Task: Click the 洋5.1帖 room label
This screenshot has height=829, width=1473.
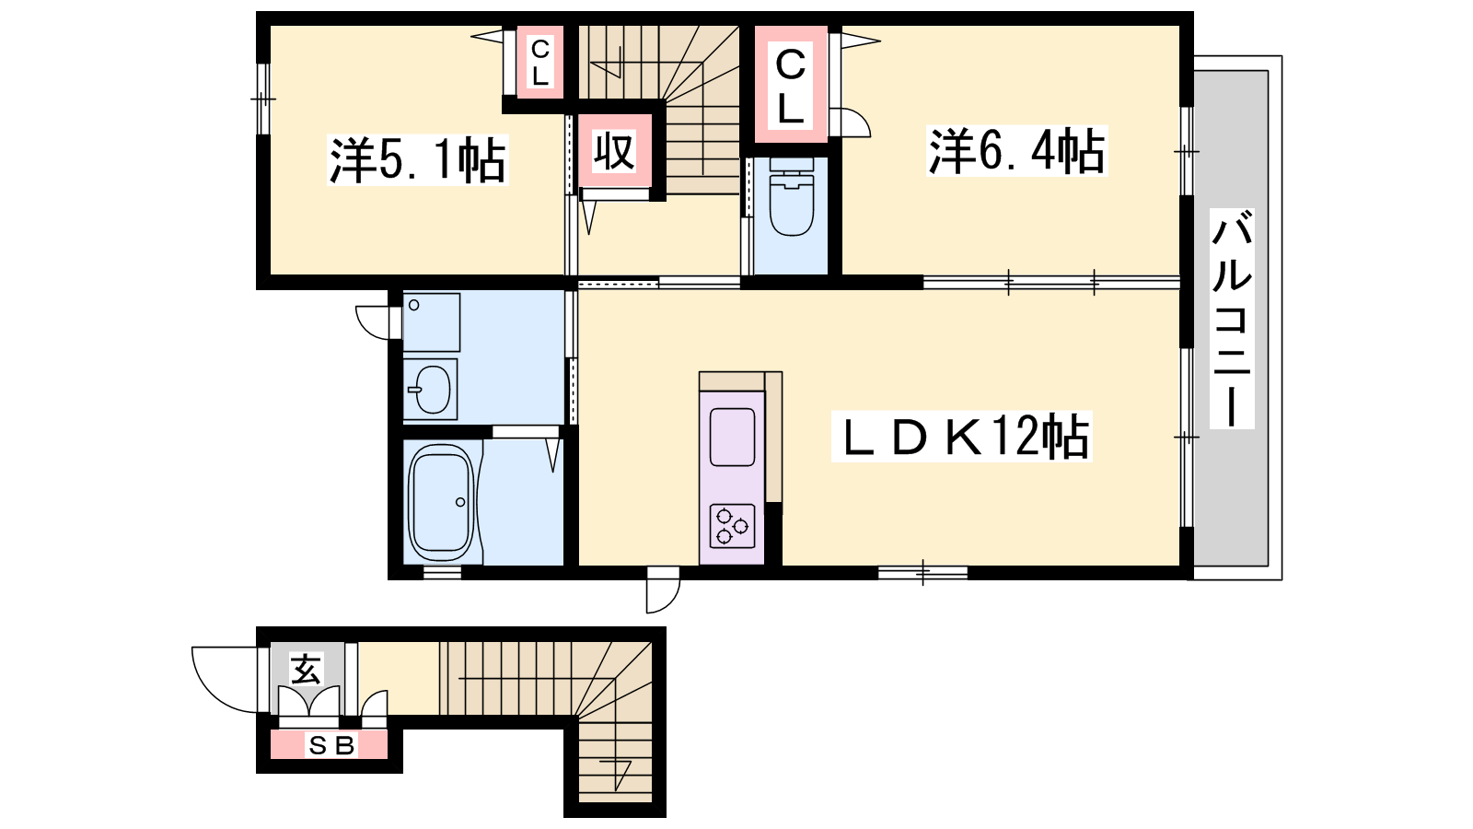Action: coord(418,160)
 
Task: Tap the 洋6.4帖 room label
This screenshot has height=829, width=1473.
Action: coord(1016,151)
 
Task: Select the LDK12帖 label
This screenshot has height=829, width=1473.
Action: coord(961,437)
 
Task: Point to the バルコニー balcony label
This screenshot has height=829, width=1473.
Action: coord(1232,319)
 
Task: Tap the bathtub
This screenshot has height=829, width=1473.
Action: coord(441,503)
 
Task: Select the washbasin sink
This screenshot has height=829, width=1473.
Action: coord(431,390)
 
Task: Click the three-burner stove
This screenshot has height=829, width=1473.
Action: coord(732,526)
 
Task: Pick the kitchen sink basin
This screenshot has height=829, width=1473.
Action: coord(732,437)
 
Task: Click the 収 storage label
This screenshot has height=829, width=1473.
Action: coord(614,151)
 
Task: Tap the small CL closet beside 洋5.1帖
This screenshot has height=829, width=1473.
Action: coord(539,63)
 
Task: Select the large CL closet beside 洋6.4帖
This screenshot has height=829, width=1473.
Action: coord(791,84)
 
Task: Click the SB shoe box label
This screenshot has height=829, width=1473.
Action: coord(332,745)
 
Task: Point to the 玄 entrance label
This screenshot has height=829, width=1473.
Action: coord(307,669)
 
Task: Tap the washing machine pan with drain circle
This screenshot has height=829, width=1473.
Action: coord(432,322)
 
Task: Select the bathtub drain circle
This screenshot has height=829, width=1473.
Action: coord(460,503)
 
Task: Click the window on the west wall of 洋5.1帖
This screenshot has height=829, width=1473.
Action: coord(263,99)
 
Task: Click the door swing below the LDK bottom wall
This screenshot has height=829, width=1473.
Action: coord(663,590)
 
